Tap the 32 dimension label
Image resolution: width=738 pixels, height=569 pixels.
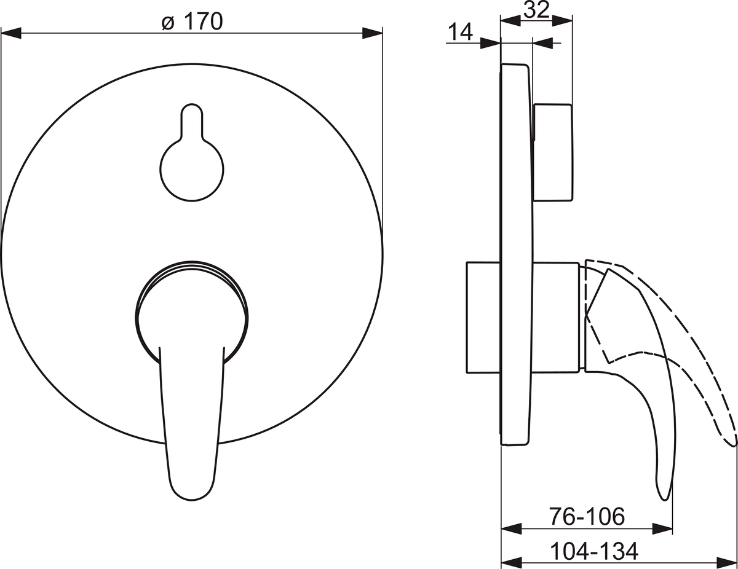click(x=536, y=10)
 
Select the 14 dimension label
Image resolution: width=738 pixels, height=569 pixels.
click(x=461, y=32)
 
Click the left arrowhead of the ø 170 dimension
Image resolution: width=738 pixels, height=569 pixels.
click(x=11, y=33)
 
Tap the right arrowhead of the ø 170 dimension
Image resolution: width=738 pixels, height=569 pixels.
click(x=372, y=33)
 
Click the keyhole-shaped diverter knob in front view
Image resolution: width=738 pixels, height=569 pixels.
click(x=192, y=152)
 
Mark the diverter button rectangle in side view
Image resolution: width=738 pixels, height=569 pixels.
click(x=553, y=152)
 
